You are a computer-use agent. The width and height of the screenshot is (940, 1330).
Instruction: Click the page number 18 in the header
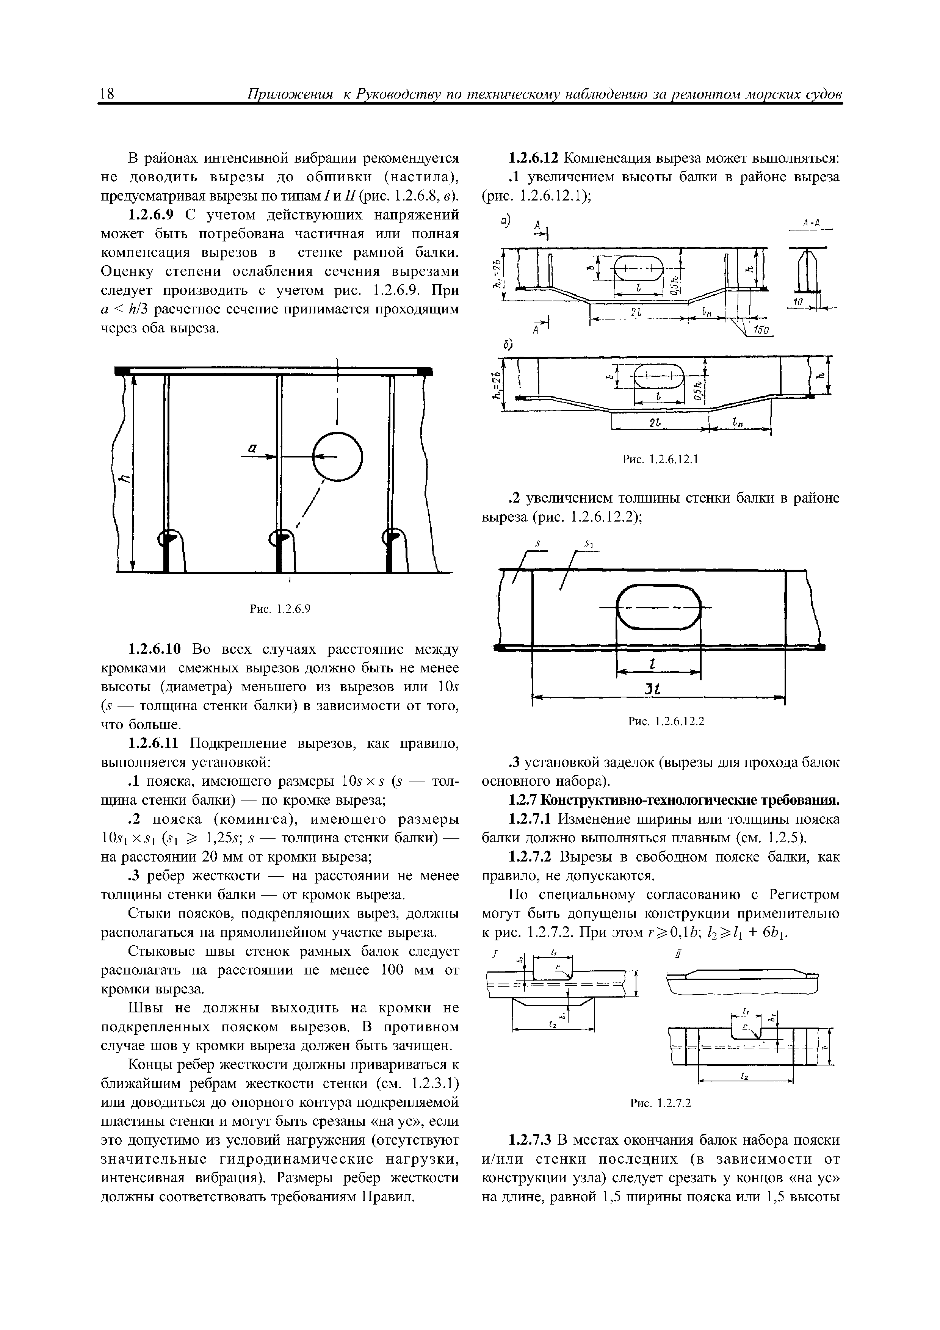[x=107, y=94]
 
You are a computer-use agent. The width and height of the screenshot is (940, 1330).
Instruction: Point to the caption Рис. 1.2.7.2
[x=660, y=1103]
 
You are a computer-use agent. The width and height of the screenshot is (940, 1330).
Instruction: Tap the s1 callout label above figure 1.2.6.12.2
[x=590, y=544]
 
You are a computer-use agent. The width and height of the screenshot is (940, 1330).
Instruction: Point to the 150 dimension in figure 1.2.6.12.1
[x=760, y=330]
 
